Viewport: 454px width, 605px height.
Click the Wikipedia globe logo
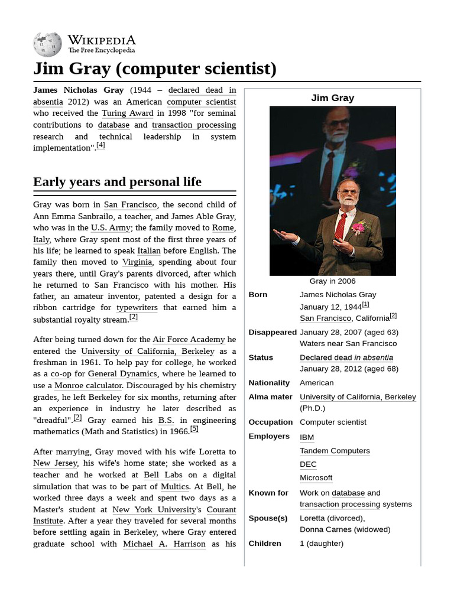coord(47,44)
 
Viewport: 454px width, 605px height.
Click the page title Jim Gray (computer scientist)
coord(155,69)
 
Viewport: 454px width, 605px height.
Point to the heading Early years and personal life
coord(117,181)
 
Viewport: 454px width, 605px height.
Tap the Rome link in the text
coord(223,227)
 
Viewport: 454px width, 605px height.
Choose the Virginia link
coord(137,262)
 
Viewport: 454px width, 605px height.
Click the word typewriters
coord(137,307)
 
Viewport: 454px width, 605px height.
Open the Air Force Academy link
coord(189,339)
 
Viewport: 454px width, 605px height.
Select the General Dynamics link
coord(122,373)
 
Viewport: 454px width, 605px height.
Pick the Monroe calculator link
coord(88,385)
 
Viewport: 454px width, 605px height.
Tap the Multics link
coord(175,486)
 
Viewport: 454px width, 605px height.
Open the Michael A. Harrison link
coord(164,544)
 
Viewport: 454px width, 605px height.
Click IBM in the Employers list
coord(307,437)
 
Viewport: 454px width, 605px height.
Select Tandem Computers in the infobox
coord(335,451)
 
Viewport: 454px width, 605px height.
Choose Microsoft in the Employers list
coord(316,477)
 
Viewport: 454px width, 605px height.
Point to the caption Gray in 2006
coord(332,281)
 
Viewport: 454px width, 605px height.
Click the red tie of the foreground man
coord(340,227)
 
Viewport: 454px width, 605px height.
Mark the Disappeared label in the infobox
coord(273,332)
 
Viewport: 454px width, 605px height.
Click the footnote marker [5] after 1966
coord(194,429)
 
